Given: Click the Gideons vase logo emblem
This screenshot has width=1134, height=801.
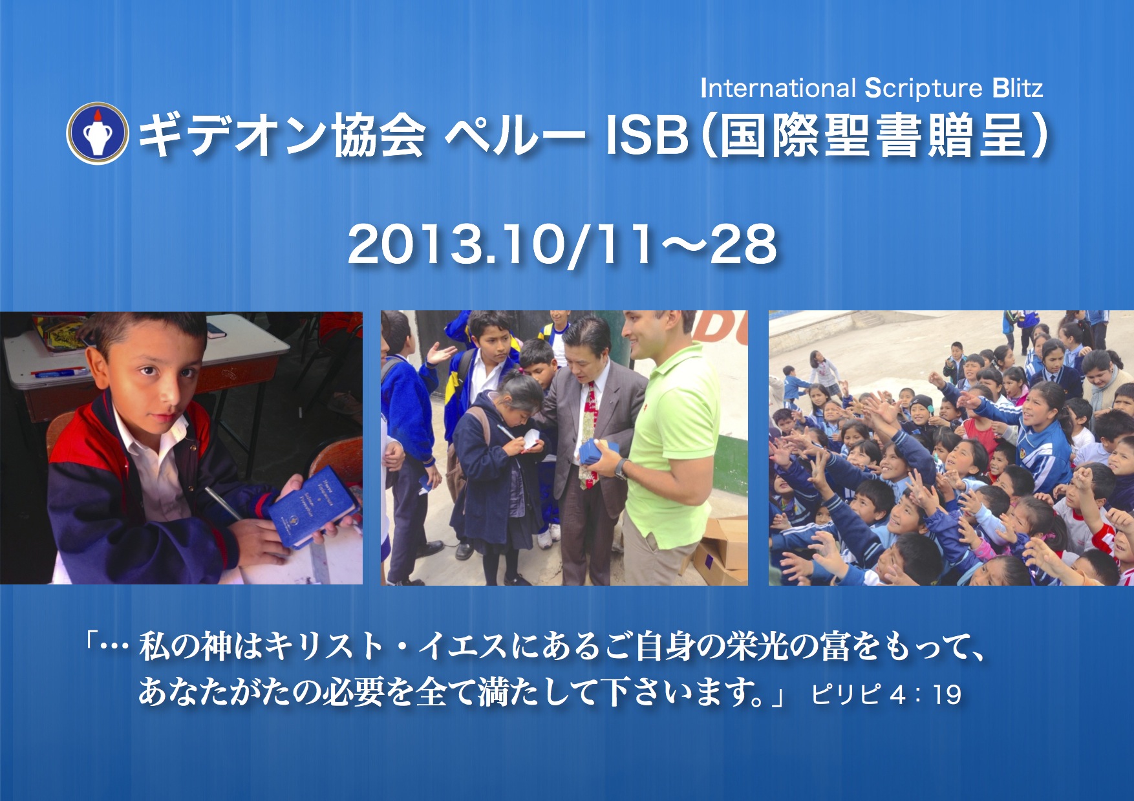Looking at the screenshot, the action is coord(98,133).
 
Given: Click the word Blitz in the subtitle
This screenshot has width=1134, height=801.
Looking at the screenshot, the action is coord(1018,88).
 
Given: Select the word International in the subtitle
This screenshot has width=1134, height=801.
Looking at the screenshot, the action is coord(778,88).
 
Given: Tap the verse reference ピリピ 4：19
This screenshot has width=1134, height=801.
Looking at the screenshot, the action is coord(886,694).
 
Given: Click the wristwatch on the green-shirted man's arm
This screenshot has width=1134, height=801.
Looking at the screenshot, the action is coord(621,469).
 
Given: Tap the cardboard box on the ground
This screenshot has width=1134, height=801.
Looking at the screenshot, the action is coord(721,546).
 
